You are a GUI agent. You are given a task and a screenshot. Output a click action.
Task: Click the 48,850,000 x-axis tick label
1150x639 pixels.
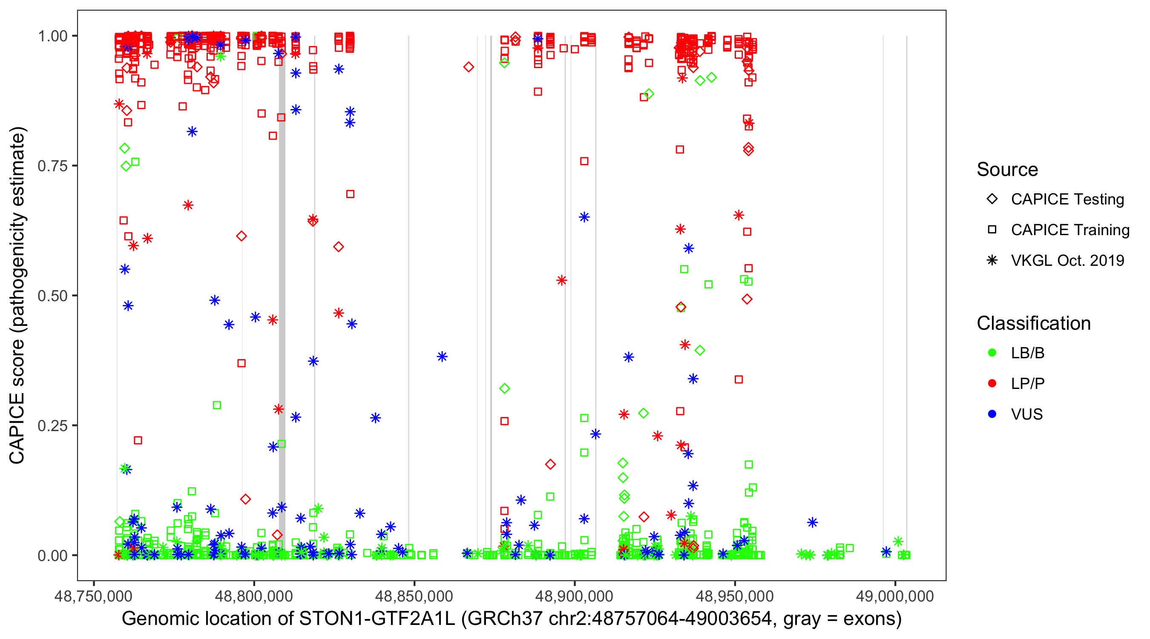click(x=414, y=596)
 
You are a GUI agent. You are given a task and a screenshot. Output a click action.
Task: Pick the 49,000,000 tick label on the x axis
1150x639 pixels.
click(x=894, y=596)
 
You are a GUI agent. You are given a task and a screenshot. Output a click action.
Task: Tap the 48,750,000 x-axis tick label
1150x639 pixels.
click(x=93, y=596)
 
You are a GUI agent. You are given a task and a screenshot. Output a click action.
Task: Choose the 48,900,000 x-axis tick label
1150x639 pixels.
click(x=574, y=596)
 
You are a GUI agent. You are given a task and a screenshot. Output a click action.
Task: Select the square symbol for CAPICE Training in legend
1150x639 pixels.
click(x=992, y=230)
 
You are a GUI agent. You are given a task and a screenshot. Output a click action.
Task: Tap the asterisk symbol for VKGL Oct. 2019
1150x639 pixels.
click(x=992, y=260)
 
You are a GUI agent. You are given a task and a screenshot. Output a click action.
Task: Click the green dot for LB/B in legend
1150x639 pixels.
click(x=992, y=353)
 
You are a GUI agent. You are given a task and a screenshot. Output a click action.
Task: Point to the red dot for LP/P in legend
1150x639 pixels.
click(x=992, y=383)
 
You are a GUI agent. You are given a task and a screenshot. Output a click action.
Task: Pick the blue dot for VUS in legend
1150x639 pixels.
click(x=992, y=414)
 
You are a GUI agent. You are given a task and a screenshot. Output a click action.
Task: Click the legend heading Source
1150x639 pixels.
click(x=1007, y=170)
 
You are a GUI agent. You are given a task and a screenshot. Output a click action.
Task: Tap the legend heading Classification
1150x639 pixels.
click(x=1033, y=323)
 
